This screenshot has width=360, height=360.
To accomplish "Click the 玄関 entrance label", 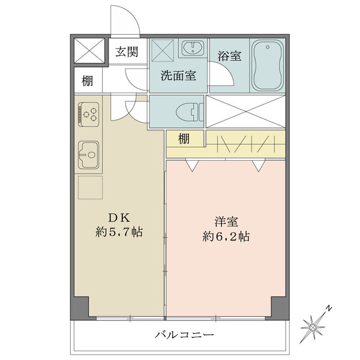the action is [x=127, y=52].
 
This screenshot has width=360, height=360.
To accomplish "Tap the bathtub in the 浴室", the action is [x=267, y=65].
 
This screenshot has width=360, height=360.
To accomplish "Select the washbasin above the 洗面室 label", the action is [x=193, y=49].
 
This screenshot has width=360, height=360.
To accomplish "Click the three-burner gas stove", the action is [x=89, y=114].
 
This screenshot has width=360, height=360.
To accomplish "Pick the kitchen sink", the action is [x=89, y=155].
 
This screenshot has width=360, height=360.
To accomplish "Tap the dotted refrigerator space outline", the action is [x=90, y=187].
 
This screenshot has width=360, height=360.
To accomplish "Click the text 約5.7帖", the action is [x=119, y=232].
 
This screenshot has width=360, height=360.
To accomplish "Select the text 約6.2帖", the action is [x=226, y=236].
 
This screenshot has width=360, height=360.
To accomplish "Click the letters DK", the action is [x=119, y=218].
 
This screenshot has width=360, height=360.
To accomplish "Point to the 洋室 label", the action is [x=226, y=222].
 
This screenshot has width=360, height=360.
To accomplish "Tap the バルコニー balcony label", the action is [x=184, y=335].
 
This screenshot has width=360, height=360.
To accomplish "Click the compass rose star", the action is [x=312, y=326].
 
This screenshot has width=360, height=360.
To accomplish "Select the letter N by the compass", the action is [x=329, y=308].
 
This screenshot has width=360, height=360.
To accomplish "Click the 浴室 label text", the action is [x=229, y=56].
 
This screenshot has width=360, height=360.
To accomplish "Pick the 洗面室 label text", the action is [x=178, y=76].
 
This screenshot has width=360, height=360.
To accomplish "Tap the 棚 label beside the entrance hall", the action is [x=88, y=81].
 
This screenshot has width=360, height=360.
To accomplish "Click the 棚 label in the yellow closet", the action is [x=184, y=139].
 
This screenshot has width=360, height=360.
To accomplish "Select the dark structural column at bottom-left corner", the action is [x=80, y=308].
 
